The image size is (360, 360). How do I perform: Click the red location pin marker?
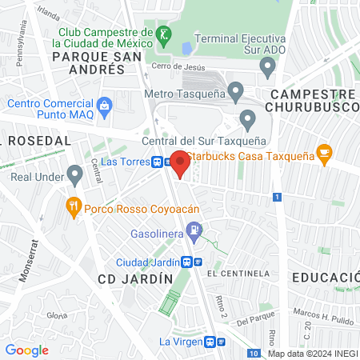click(x=180, y=163)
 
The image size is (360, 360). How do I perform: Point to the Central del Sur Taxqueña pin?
click(x=247, y=122)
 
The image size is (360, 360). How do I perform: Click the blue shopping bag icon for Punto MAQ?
click(x=104, y=105)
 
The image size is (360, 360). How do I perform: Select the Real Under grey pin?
click(x=74, y=173)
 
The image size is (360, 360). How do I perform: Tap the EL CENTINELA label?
click(x=238, y=273)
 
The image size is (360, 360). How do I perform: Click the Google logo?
click(x=26, y=350)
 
